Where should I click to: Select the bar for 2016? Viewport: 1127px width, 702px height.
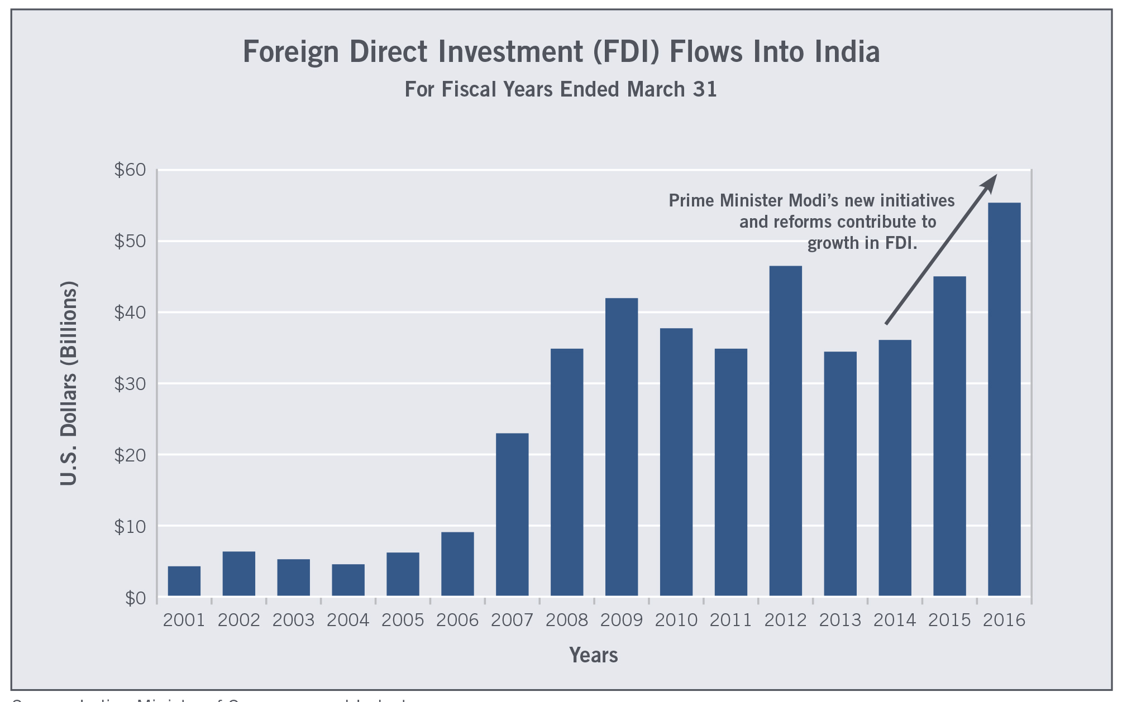point(1004,399)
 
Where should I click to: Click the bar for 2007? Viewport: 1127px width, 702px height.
point(512,515)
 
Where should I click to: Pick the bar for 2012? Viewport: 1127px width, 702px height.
point(785,431)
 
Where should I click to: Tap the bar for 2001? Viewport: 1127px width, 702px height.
point(184,581)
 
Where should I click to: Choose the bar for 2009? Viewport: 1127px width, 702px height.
point(622,447)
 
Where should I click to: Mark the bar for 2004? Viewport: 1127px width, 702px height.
point(348,580)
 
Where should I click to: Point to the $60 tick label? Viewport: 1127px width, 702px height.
point(130,170)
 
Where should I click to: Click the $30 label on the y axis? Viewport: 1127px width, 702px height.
point(130,384)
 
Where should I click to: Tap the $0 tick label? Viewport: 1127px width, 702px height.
point(135,598)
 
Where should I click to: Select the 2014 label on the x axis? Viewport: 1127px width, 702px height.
point(895,621)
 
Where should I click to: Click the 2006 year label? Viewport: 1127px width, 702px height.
point(457,621)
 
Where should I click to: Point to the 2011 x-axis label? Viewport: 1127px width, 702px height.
point(730,621)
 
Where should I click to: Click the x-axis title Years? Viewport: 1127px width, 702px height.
point(593,655)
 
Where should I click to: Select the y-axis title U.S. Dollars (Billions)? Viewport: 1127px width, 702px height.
point(68,383)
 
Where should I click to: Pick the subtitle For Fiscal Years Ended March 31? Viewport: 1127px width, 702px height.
point(561,89)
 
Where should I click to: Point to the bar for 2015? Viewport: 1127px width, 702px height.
point(949,436)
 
